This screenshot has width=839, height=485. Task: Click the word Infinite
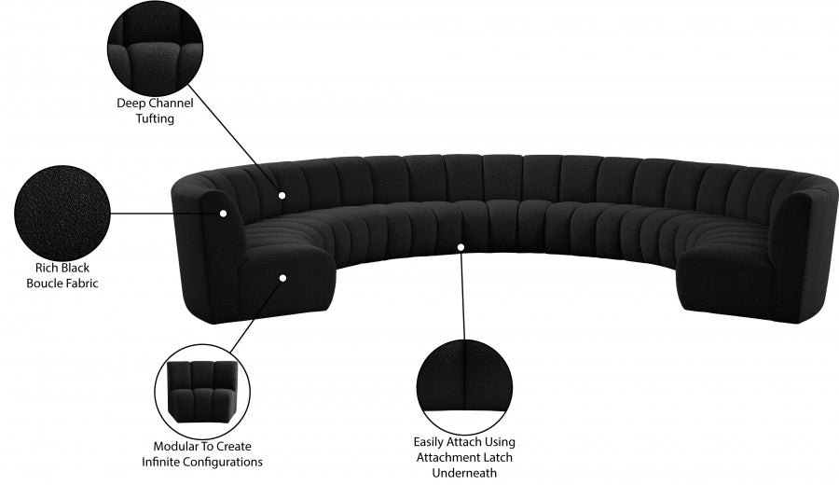161,461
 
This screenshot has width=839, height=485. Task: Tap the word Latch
496,457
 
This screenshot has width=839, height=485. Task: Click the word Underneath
465,472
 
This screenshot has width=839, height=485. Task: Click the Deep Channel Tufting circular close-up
155,41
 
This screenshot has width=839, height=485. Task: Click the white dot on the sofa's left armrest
224,213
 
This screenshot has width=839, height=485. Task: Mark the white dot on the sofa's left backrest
282,196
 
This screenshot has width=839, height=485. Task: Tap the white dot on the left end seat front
282,276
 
